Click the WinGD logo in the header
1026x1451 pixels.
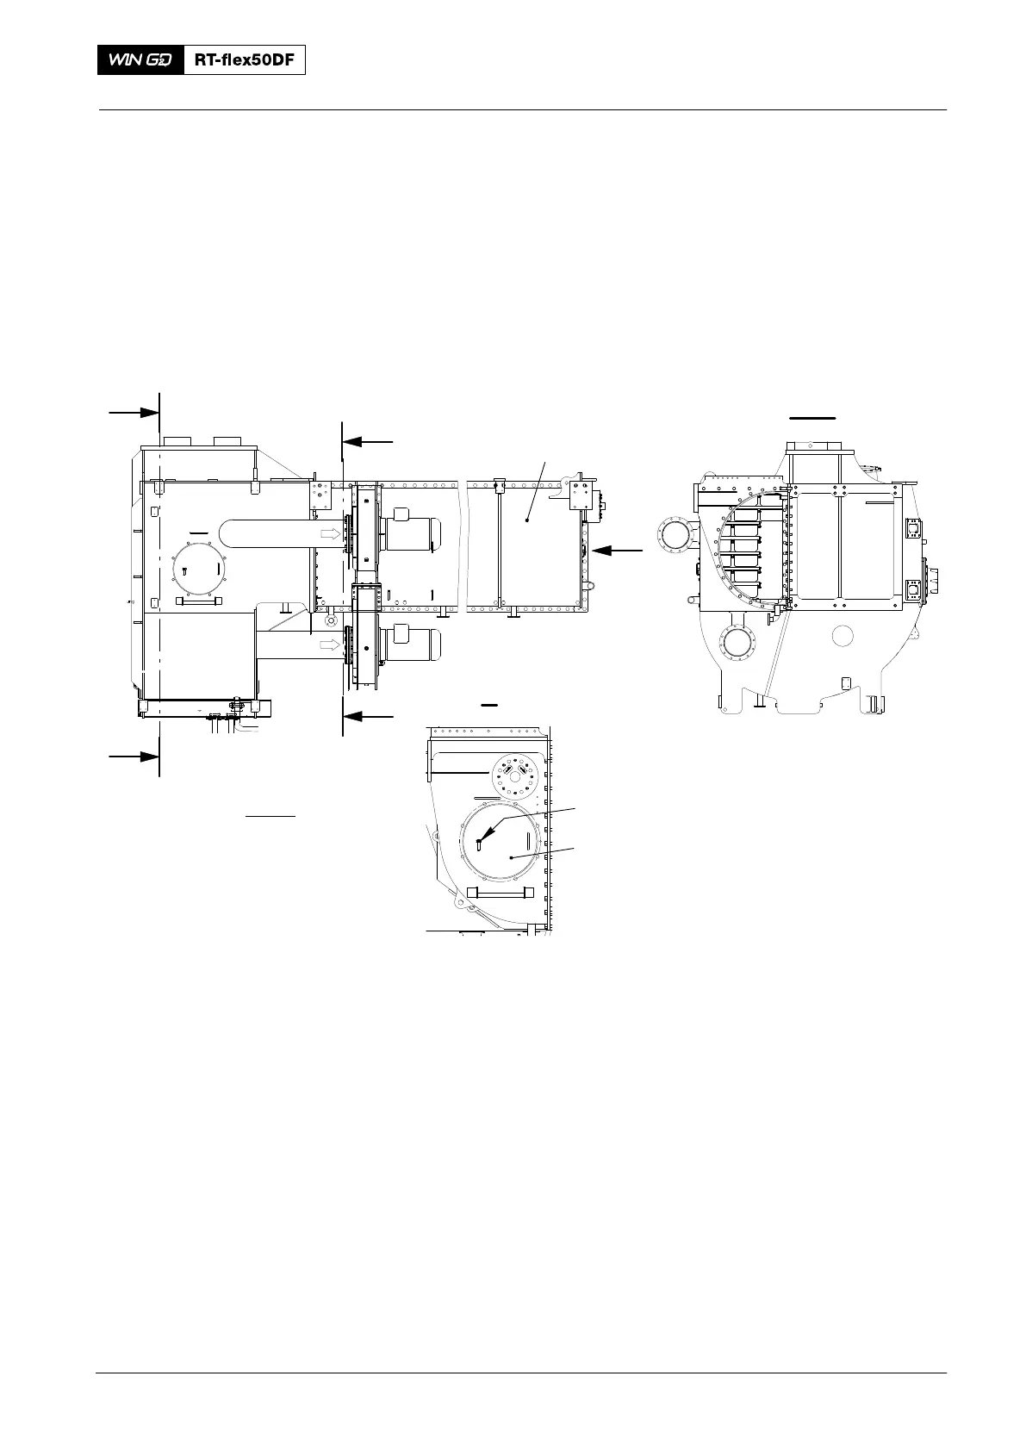tap(140, 60)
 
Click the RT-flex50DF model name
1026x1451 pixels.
tap(245, 60)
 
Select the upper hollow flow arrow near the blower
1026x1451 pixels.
tap(331, 533)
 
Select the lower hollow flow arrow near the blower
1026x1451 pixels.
tap(331, 645)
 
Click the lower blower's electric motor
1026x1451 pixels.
tap(411, 644)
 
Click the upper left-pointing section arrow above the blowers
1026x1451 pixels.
tap(368, 442)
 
